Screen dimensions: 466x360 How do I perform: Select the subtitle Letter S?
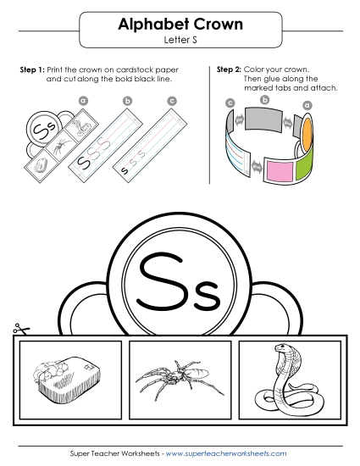(x=179, y=40)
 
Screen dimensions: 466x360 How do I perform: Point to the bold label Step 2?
(x=230, y=69)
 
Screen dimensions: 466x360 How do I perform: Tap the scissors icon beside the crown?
(x=18, y=331)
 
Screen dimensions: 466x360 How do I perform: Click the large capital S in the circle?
(x=158, y=280)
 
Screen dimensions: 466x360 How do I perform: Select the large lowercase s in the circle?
(x=206, y=291)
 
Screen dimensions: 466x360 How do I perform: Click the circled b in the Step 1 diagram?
(x=127, y=103)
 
